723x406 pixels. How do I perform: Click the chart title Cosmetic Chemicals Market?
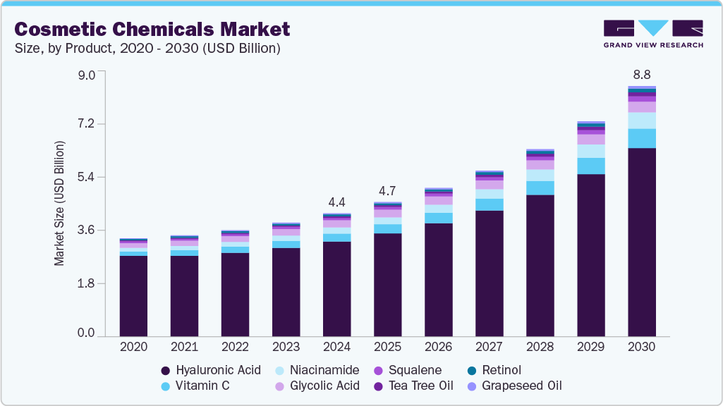point(152,29)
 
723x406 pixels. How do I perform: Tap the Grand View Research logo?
point(652,34)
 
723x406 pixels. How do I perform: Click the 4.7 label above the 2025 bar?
point(387,190)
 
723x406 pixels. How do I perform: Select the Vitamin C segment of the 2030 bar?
point(641,138)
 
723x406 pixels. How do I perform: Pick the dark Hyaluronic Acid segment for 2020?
point(133,295)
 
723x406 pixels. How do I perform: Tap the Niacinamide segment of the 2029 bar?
point(590,151)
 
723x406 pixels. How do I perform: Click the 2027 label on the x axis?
point(489,347)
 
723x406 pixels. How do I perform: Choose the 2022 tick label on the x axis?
point(235,347)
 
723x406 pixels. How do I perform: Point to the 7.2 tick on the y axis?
point(85,125)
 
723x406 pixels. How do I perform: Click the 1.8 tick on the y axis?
point(85,283)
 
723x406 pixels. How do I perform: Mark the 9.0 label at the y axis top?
point(85,74)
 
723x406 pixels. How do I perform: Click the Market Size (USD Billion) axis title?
point(59,203)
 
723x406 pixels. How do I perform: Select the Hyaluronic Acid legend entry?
point(211,370)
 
